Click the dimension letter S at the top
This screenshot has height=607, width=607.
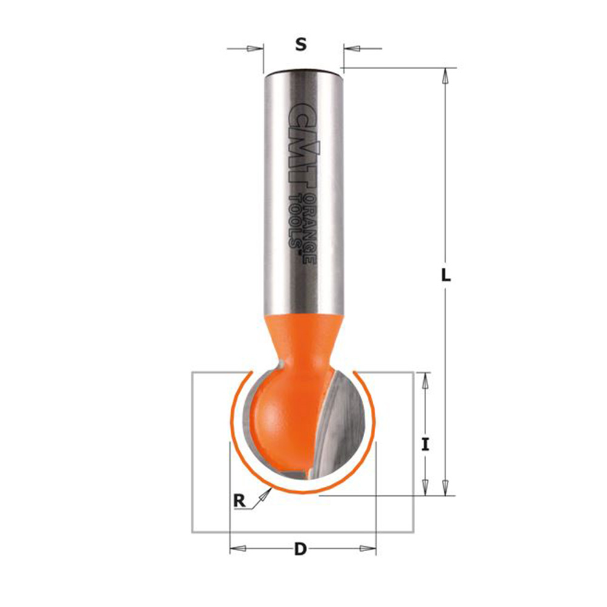pyautogui.click(x=301, y=45)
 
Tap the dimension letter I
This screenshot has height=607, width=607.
pyautogui.click(x=426, y=444)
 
